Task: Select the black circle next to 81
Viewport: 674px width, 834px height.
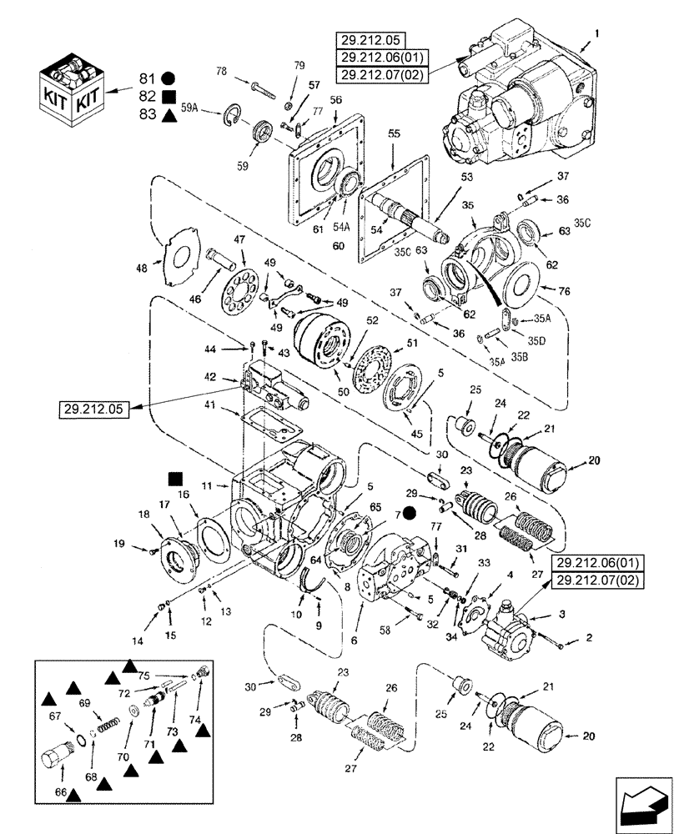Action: coord(168,78)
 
